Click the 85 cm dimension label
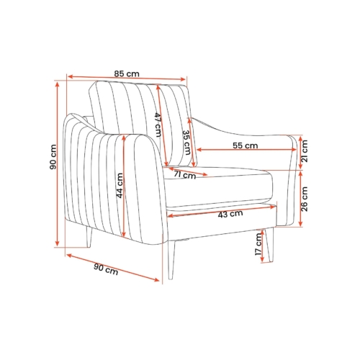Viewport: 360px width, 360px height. click(127, 73)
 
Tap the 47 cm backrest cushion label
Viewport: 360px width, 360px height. click(158, 125)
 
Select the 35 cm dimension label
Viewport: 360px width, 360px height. click(186, 143)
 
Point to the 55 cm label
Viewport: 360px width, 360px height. click(246, 145)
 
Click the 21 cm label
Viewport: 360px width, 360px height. click(304, 151)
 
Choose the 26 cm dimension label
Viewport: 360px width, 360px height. click(304, 199)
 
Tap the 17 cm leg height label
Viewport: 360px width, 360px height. click(258, 244)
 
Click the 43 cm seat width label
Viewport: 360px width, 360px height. click(230, 214)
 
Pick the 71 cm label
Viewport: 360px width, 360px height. click(185, 175)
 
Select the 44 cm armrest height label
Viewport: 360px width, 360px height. click(120, 186)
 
